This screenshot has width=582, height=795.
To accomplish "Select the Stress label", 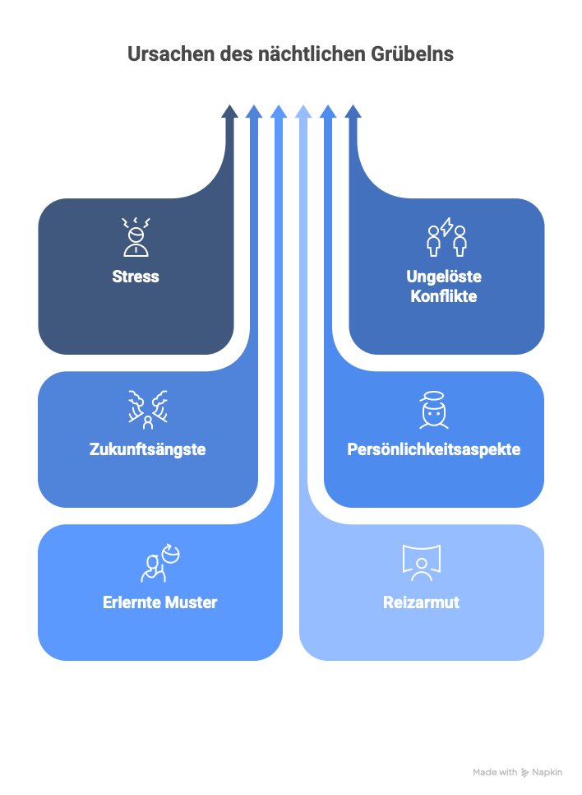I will pyautogui.click(x=136, y=277).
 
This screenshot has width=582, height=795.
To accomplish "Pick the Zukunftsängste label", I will pyautogui.click(x=147, y=449).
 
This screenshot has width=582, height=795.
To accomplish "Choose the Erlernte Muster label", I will pyautogui.click(x=159, y=602).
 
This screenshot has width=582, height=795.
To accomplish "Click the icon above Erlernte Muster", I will pyautogui.click(x=159, y=563).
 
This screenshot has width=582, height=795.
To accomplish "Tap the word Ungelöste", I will pyautogui.click(x=443, y=277).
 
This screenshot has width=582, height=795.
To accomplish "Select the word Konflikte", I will pyautogui.click(x=443, y=296).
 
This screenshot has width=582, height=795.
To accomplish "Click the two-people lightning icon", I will pyautogui.click(x=446, y=237).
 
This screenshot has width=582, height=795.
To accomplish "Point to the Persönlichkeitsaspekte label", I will pyautogui.click(x=433, y=449).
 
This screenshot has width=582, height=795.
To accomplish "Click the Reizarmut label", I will pyautogui.click(x=421, y=602).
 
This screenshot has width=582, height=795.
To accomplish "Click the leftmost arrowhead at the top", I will pyautogui.click(x=229, y=111).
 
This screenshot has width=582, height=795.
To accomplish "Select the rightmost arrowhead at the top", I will pyautogui.click(x=353, y=111).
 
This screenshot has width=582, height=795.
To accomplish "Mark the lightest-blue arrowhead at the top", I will pyautogui.click(x=303, y=111).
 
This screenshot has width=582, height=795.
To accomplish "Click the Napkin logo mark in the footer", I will pyautogui.click(x=525, y=773).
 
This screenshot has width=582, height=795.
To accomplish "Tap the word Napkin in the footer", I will pyautogui.click(x=547, y=773).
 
